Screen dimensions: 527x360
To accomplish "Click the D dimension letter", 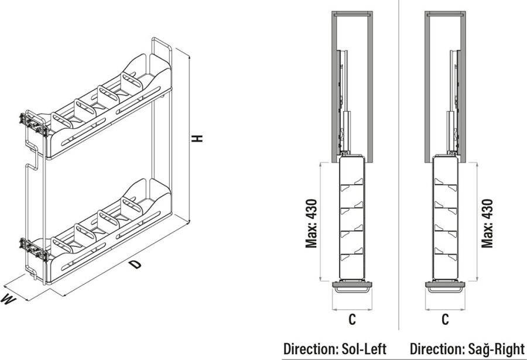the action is [x=135, y=264].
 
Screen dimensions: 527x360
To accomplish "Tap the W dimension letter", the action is [x=8, y=299].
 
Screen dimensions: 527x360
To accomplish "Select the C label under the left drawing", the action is [x=352, y=320].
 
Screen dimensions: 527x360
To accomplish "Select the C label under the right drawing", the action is [x=445, y=320].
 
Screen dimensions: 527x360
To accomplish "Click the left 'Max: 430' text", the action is [x=312, y=223].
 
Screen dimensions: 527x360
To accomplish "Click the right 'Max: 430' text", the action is [x=487, y=223].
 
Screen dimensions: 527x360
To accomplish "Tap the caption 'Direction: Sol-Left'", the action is [x=335, y=349].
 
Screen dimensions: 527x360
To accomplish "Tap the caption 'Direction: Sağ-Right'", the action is [x=467, y=349].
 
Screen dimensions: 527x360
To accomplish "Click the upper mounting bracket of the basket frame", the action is [x=33, y=124].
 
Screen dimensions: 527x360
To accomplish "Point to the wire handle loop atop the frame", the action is [x=162, y=46].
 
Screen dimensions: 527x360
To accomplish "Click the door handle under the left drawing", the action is [x=352, y=289].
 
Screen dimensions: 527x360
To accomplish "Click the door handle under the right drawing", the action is [x=445, y=289].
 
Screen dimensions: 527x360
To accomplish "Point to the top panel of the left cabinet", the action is [x=352, y=13].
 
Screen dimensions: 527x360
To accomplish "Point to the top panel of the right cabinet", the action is [x=445, y=13].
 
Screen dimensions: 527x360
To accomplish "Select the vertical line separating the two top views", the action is [x=399, y=164].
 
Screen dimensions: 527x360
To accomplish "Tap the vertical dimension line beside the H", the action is [x=190, y=139].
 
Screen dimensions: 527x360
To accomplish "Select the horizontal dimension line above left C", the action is [x=352, y=310].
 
